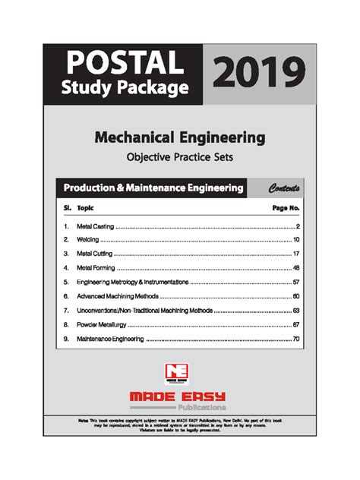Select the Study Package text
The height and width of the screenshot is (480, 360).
pos(124,88)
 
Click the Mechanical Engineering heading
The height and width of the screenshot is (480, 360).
pos(179,137)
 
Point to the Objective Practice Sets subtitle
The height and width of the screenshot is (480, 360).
pos(179,158)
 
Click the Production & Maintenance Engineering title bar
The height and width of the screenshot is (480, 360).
pos(153,188)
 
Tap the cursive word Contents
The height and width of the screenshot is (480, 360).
pos(283,188)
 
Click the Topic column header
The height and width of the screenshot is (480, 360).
pos(86,207)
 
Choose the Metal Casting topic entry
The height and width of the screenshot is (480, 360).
pos(95,226)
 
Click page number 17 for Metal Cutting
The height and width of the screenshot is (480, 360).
pos(295,253)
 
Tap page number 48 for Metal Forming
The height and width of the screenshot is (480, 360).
pos(295,267)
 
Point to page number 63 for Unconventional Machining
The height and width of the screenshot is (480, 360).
pos(295,310)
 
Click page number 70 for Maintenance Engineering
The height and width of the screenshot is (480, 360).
pos(295,339)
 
